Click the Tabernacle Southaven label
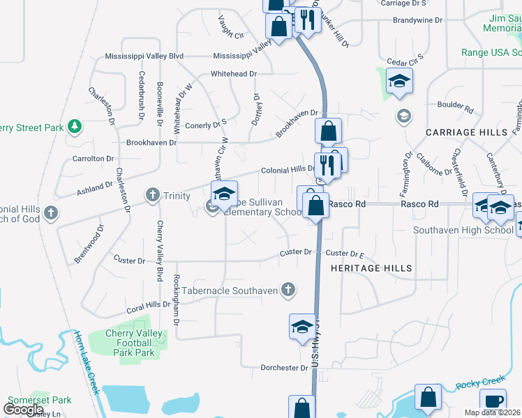[230, 291]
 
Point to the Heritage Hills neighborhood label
[371, 268]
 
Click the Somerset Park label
[40, 401]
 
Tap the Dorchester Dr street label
[285, 368]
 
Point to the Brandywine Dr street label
[417, 21]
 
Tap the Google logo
[24, 410]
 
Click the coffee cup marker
[493, 402]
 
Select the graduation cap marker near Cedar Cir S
[400, 82]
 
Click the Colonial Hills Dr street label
[289, 170]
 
